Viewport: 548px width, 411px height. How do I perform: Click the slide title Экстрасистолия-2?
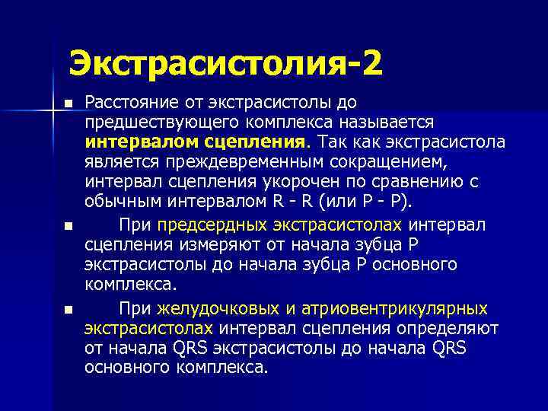click(226, 62)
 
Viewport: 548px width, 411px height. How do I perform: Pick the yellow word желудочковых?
click(206, 308)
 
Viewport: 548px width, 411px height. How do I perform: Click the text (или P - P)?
click(369, 202)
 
